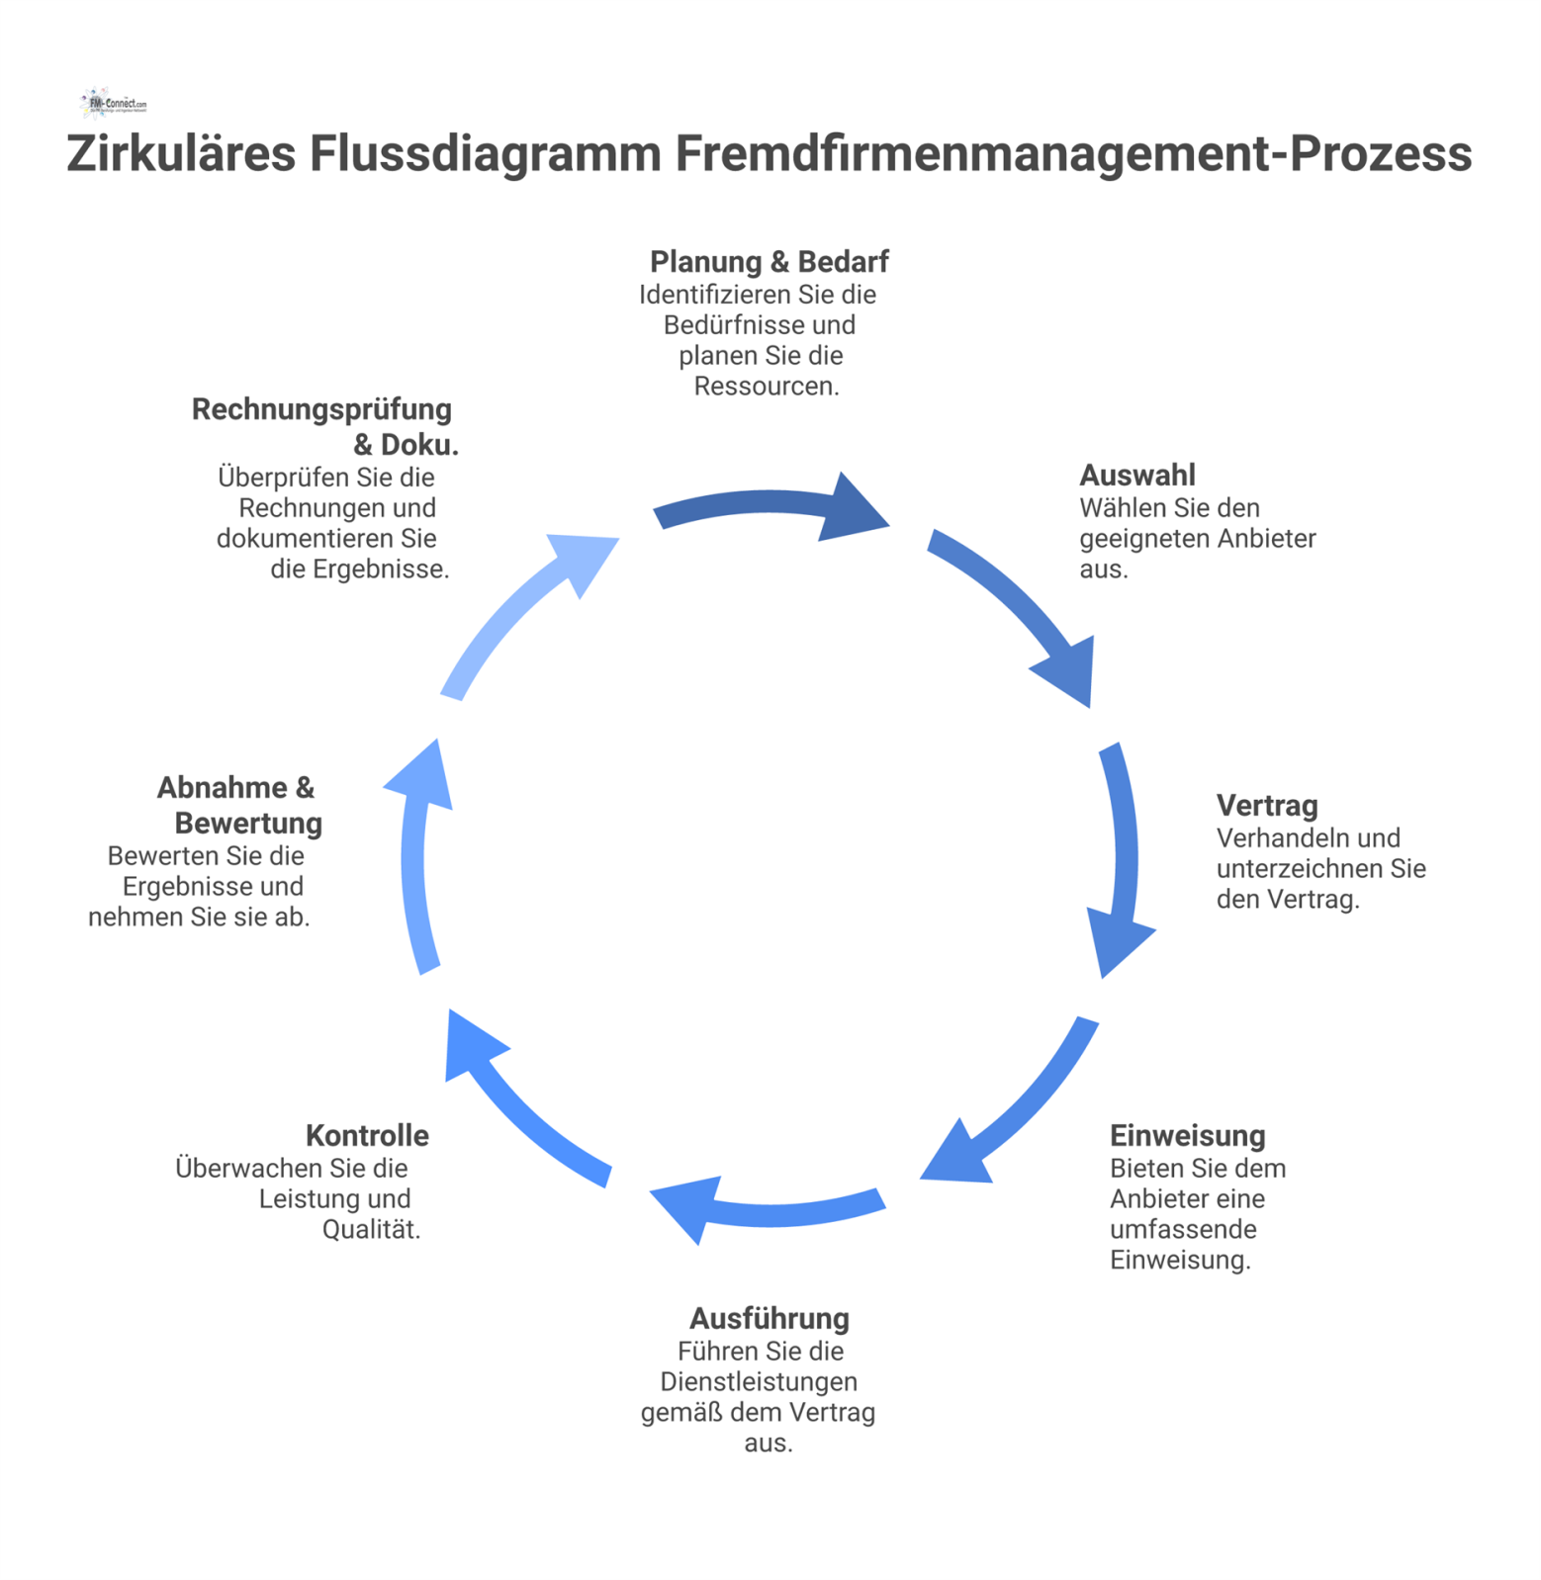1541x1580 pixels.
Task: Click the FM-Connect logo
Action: coord(114,103)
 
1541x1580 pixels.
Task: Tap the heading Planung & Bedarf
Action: coord(769,262)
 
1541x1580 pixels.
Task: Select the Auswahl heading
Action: coord(1136,476)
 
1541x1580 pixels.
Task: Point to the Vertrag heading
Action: coord(1266,806)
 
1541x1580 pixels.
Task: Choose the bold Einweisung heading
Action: coord(1187,1136)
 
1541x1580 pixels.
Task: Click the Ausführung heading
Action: coord(769,1319)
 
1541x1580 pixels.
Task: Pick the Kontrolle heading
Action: coord(367,1136)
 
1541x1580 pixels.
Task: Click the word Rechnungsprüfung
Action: coord(321,409)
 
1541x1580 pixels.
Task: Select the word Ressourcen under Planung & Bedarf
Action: coord(766,387)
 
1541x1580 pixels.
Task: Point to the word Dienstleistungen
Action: coord(759,1382)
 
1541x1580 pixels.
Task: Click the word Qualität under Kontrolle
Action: coord(371,1230)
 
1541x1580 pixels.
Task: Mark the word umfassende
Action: coord(1183,1230)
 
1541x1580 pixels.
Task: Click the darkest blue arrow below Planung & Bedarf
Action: coord(771,506)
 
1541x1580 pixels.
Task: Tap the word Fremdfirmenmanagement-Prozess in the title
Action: coord(1073,154)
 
